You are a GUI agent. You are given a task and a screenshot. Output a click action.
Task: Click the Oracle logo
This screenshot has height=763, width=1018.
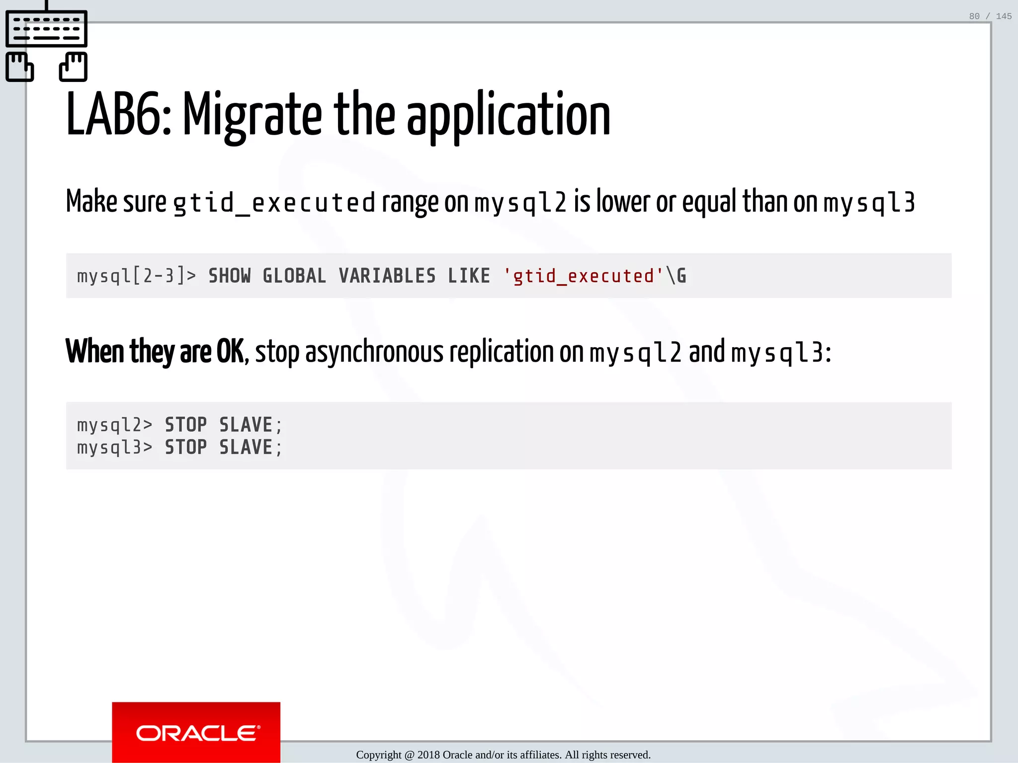(x=196, y=733)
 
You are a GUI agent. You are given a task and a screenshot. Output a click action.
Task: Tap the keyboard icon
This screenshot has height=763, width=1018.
(x=46, y=29)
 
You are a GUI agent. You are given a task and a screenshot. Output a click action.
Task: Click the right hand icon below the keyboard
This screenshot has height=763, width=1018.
(x=74, y=67)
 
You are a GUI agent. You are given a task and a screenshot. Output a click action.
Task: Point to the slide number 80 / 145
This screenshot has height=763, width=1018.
(x=990, y=16)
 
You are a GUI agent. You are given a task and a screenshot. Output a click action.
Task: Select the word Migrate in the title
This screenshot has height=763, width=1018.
(x=253, y=115)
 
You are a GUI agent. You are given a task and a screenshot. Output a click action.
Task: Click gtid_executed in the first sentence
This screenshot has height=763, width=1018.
(x=274, y=203)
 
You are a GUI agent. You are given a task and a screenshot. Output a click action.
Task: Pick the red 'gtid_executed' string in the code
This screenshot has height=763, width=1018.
(x=583, y=276)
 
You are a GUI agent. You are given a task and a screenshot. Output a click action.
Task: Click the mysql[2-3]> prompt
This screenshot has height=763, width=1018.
(x=136, y=276)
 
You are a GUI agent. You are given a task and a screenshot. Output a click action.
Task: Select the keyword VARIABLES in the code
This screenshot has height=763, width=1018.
(x=387, y=276)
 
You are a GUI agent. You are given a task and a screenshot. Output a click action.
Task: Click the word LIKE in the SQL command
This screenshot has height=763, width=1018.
(x=469, y=276)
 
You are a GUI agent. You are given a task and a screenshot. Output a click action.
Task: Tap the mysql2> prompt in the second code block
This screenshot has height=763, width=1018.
(x=114, y=425)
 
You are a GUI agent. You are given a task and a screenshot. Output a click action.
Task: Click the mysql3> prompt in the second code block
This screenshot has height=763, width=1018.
(x=114, y=448)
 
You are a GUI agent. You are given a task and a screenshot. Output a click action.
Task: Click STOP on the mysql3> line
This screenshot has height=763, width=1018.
(x=186, y=448)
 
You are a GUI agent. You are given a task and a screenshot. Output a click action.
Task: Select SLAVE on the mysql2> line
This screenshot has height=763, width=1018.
(x=246, y=425)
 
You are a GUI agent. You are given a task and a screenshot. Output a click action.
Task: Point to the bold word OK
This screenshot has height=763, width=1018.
(x=230, y=352)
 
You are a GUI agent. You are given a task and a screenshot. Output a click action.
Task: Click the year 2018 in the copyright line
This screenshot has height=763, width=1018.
(x=428, y=755)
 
